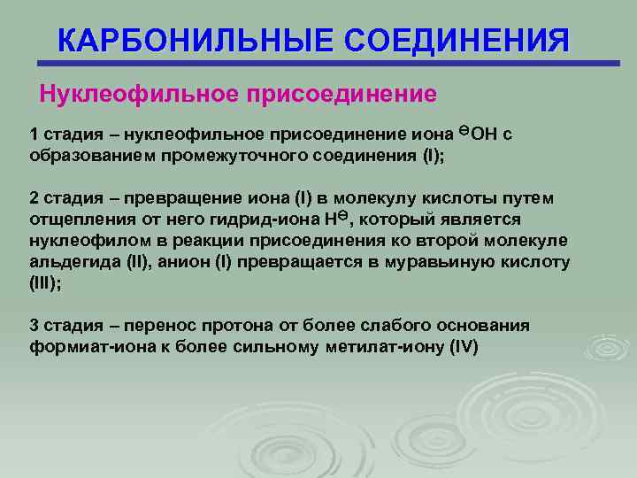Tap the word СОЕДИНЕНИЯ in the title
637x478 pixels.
coord(457,42)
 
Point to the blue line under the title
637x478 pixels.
coord(327,64)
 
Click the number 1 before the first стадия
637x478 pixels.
coord(35,135)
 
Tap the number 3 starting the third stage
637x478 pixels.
coord(35,326)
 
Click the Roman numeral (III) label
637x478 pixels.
coord(44,284)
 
